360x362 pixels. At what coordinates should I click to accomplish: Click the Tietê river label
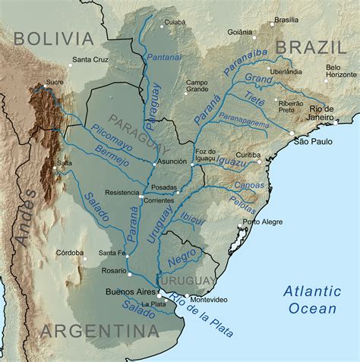[x=256, y=97]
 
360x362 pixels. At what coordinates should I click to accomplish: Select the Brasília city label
[x=286, y=20]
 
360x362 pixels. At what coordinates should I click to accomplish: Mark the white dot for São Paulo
[x=291, y=134]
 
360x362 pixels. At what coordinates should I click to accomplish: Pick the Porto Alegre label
[x=262, y=222]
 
